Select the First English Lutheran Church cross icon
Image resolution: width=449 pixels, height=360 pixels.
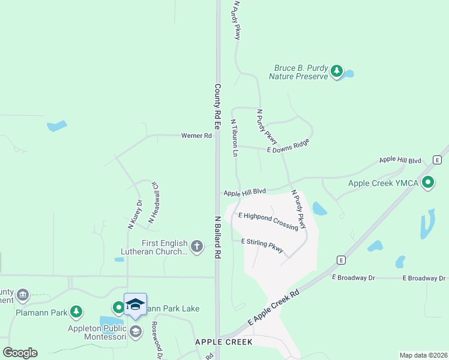[197, 246]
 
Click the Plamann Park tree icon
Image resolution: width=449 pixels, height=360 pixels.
[76, 311]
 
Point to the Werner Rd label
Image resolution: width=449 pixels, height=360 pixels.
[197, 136]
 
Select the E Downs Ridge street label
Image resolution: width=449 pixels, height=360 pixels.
[288, 146]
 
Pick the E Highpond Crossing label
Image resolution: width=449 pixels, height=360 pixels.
[268, 221]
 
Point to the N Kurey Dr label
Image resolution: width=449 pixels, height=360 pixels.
[134, 215]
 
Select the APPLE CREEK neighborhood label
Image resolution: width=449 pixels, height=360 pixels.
[224, 341]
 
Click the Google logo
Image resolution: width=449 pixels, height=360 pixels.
[20, 353]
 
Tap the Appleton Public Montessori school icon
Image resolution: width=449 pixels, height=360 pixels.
[136, 332]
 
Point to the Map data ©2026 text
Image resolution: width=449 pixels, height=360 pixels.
[423, 355]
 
